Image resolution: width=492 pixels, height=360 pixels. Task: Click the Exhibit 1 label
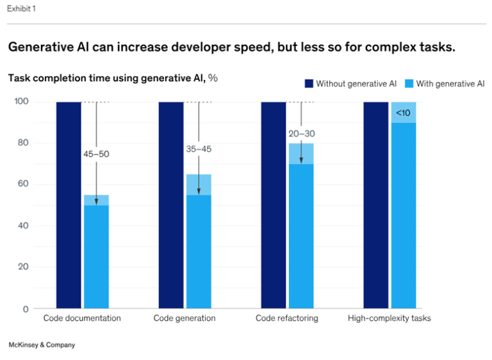(20, 10)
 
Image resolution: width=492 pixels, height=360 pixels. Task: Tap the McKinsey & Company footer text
(42, 345)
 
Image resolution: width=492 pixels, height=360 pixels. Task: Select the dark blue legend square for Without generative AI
(309, 83)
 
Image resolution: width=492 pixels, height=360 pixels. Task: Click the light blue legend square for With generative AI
(409, 83)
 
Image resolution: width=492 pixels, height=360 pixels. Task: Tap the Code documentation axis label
(82, 318)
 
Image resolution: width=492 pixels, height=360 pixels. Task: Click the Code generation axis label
(184, 318)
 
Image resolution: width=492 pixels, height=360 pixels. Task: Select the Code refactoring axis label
(287, 318)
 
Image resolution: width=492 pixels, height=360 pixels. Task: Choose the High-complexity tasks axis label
(389, 318)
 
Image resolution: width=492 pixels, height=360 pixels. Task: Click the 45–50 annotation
(96, 154)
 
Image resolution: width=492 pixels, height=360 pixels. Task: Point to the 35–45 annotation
(199, 149)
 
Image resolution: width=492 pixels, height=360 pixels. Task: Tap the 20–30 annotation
(301, 133)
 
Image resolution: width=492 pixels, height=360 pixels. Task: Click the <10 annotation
(404, 113)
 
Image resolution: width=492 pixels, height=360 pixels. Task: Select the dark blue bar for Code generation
(171, 205)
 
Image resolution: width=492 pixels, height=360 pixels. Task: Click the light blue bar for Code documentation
(96, 256)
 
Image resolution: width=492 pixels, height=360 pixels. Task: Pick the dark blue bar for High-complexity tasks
(376, 205)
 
